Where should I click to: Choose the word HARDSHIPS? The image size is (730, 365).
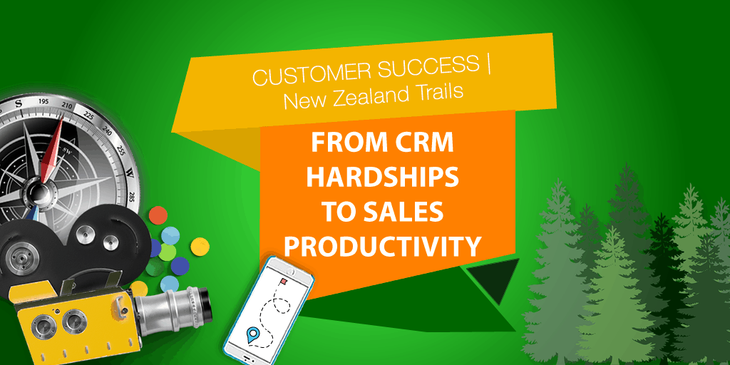[x=382, y=178]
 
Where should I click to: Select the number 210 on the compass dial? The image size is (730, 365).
[x=67, y=106]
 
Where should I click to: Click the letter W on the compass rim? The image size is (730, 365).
[x=130, y=175]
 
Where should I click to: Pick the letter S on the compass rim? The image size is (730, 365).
[x=19, y=103]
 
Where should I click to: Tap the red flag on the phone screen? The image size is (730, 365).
[x=282, y=281]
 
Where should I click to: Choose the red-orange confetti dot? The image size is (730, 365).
[x=158, y=215]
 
